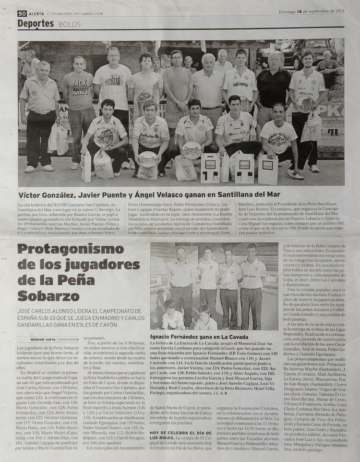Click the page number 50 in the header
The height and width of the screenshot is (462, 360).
click(22, 13)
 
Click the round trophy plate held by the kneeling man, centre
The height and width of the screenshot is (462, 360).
click(192, 150)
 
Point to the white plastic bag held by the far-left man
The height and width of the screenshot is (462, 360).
click(58, 139)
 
